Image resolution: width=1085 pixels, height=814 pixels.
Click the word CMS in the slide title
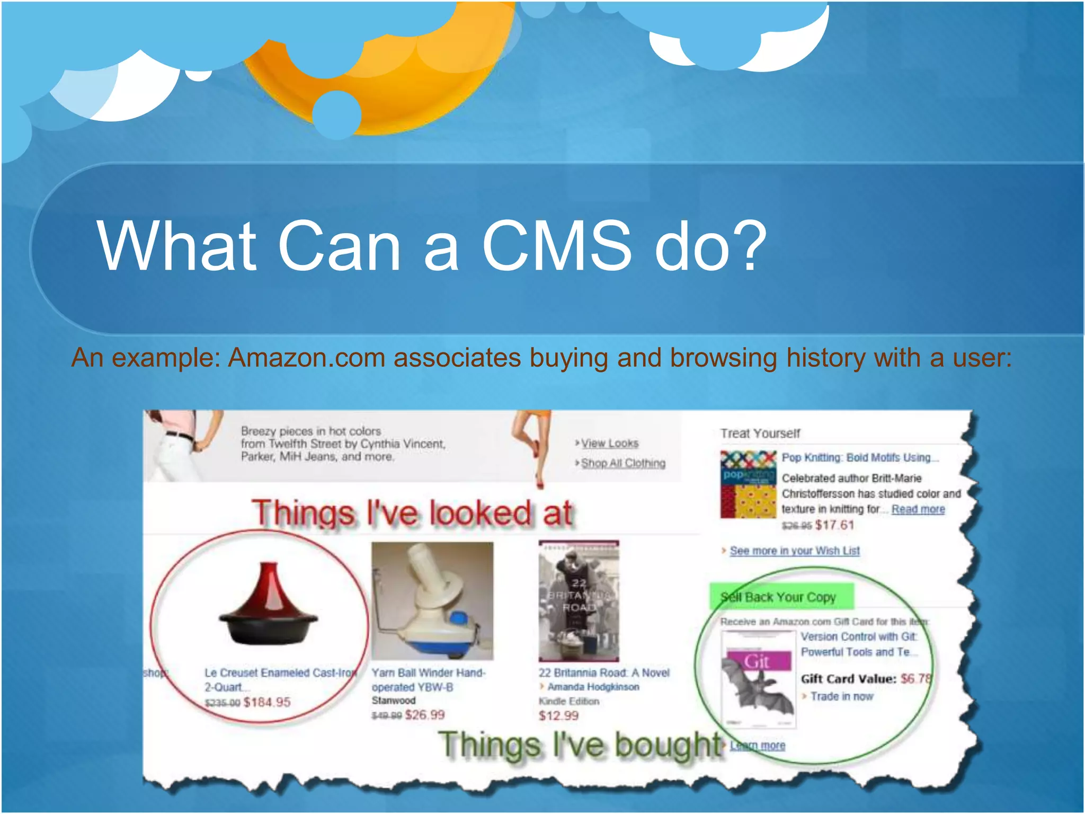pyautogui.click(x=556, y=246)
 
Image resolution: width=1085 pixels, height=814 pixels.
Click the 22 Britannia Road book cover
pyautogui.click(x=579, y=600)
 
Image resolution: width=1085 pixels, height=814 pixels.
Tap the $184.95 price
pyautogui.click(x=266, y=702)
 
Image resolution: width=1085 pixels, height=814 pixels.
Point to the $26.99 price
pyautogui.click(x=424, y=715)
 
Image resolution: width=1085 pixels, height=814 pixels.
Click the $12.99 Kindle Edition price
pyautogui.click(x=558, y=716)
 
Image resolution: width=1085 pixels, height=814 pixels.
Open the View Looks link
pyautogui.click(x=609, y=443)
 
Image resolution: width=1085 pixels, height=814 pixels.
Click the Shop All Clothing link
pyautogui.click(x=623, y=463)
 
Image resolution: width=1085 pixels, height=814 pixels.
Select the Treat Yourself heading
pyautogui.click(x=760, y=433)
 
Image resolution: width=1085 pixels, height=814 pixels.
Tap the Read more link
pyautogui.click(x=918, y=509)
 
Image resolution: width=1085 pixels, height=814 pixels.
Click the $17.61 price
pyautogui.click(x=834, y=525)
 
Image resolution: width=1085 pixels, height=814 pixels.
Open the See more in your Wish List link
pyautogui.click(x=794, y=551)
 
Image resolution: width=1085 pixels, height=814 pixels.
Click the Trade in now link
pyautogui.click(x=841, y=696)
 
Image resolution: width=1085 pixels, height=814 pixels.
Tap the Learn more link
pyautogui.click(x=758, y=746)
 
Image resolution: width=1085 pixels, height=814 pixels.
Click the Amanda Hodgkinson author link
pyautogui.click(x=593, y=687)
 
